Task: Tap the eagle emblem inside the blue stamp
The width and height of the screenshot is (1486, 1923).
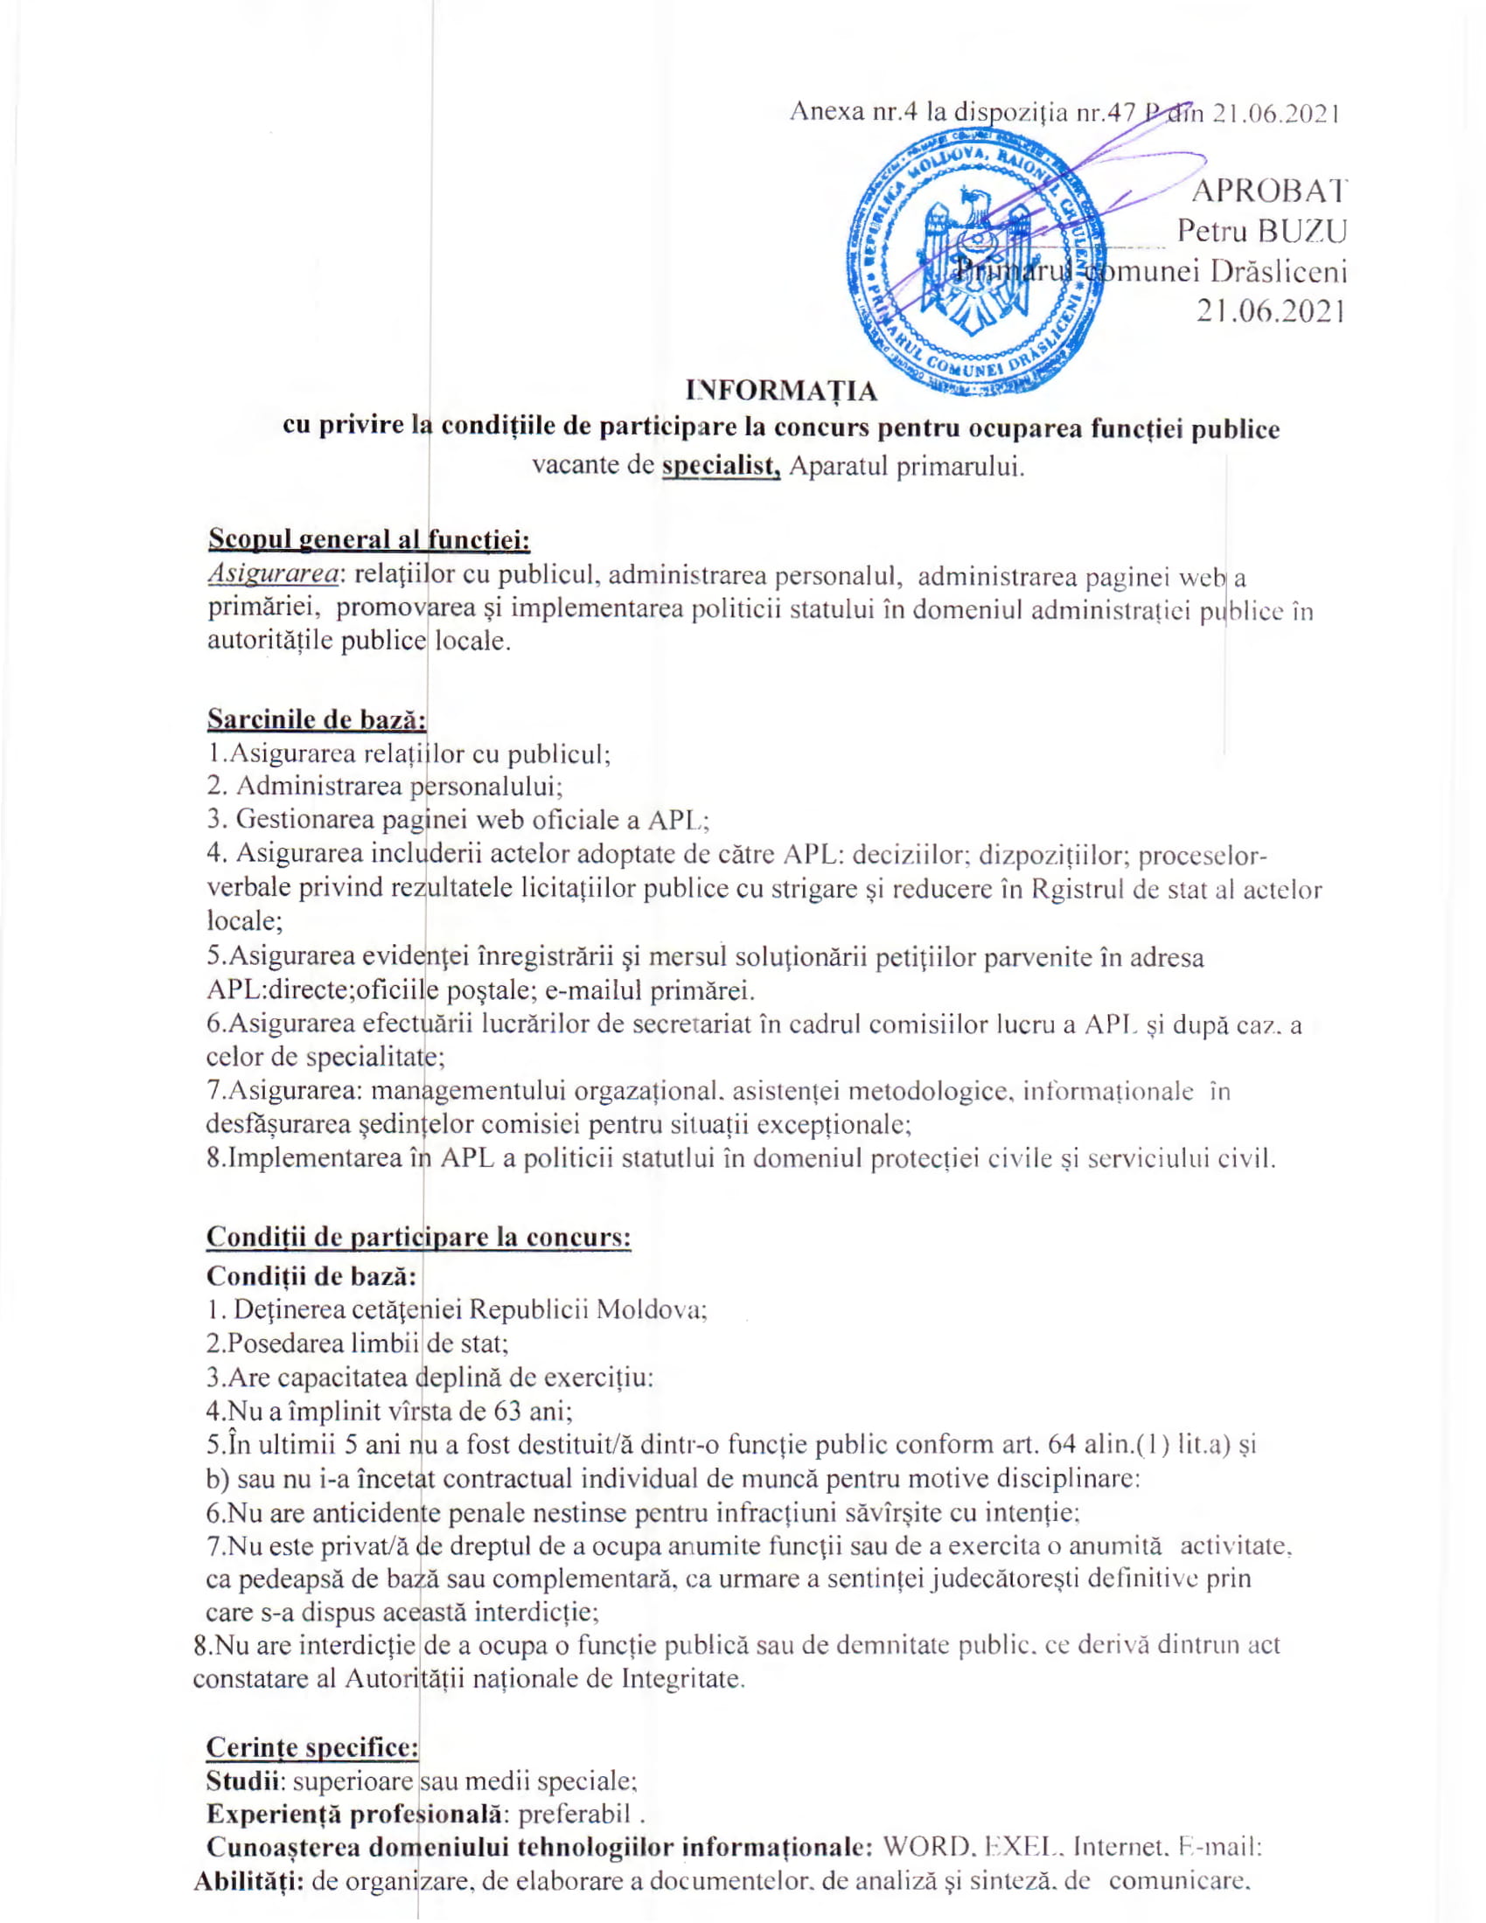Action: coord(973,264)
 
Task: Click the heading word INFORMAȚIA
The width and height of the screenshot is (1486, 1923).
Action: coord(781,390)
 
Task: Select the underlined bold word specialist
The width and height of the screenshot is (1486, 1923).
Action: coord(722,465)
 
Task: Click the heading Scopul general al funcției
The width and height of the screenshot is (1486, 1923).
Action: coord(368,538)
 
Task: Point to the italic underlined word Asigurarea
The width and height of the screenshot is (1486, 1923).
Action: coord(272,575)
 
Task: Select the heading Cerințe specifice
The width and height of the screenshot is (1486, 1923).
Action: coord(312,1746)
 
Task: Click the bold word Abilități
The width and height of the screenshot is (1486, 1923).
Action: coord(249,1881)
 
